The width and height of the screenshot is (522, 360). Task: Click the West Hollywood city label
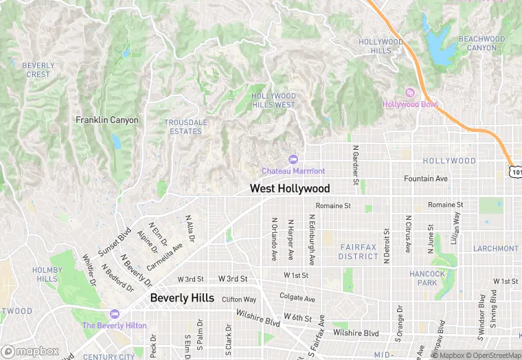pos(289,188)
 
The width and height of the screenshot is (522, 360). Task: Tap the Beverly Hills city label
pos(182,298)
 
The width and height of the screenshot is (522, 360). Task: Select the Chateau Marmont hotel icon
pos(294,160)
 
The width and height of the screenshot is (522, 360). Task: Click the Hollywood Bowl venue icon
pos(410,93)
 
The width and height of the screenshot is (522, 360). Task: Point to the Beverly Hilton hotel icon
pos(113,313)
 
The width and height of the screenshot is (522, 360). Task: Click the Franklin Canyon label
pos(107,120)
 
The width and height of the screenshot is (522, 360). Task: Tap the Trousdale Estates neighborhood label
pos(185,126)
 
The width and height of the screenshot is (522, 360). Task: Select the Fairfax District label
pos(358,252)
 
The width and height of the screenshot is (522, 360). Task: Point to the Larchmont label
pos(496,248)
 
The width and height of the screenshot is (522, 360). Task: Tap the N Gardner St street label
pos(356,165)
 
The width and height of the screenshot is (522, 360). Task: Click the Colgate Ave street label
pos(297,298)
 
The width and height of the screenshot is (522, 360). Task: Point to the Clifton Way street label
pos(239,300)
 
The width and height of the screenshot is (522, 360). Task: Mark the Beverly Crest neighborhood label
pos(38,70)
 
